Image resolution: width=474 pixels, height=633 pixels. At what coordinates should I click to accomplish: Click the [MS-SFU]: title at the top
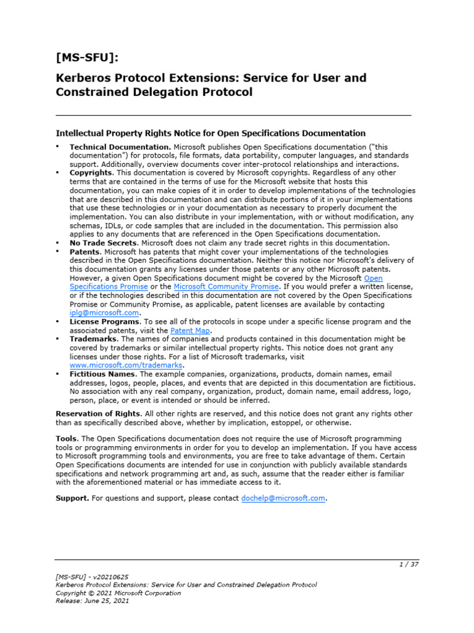(87, 57)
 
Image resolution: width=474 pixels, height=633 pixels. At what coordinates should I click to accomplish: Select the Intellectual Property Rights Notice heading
(210, 133)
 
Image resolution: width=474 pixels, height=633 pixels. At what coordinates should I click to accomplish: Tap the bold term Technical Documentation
(120, 147)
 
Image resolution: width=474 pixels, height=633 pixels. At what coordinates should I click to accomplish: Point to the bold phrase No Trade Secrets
(101, 243)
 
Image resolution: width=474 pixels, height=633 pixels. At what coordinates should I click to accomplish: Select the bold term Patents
(85, 252)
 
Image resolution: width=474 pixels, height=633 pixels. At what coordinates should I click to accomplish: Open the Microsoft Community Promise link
(227, 287)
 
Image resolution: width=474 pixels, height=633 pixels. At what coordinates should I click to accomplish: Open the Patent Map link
(189, 331)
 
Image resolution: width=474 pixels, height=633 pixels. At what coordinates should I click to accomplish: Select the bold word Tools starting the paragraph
(67, 438)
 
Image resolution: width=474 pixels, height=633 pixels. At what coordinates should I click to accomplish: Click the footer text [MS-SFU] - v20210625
(92, 576)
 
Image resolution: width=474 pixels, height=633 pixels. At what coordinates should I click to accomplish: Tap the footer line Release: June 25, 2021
(92, 601)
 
